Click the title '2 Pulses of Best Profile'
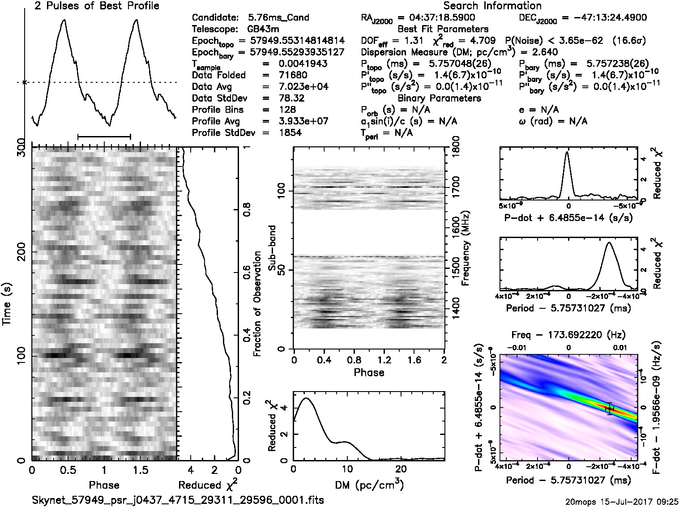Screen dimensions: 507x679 97,6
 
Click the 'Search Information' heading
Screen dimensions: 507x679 492,6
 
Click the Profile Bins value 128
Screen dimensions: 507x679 286,110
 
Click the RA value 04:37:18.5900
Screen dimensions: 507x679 436,18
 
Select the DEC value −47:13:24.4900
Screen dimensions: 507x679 604,18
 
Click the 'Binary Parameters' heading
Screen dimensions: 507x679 439,98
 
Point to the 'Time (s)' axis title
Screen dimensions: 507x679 7,304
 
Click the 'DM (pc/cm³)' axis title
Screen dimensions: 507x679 369,485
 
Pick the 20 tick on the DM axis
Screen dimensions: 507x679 401,469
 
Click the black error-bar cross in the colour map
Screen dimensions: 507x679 610,409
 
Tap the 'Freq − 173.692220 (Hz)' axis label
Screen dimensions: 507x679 568,335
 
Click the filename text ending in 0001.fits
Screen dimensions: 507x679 178,500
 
